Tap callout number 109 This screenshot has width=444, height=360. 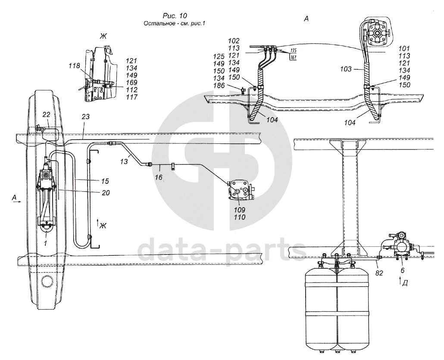point(239,210)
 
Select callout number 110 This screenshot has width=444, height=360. point(239,217)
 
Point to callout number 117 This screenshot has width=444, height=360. point(132,97)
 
